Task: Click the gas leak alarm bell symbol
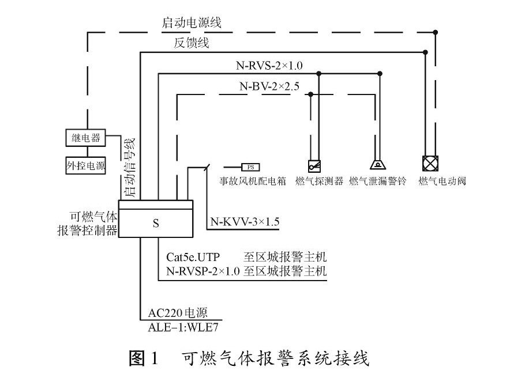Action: [378, 165]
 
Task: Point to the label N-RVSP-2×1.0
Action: [202, 271]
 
